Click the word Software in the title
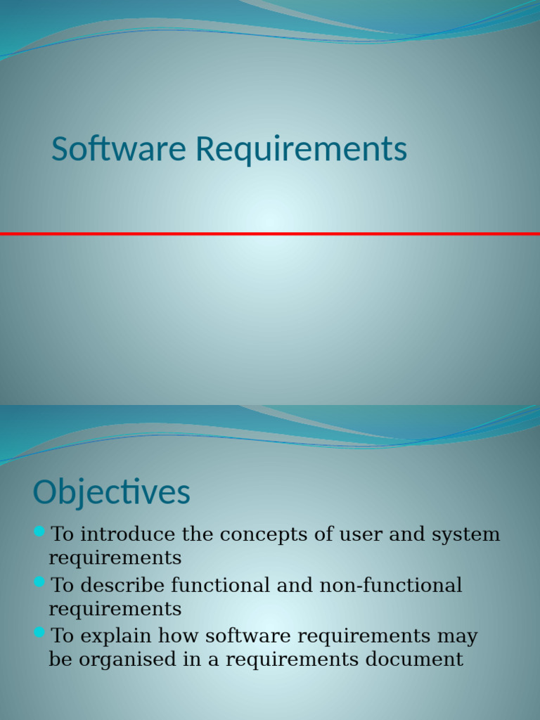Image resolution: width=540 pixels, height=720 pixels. [120, 149]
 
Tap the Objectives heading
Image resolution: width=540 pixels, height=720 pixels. [111, 492]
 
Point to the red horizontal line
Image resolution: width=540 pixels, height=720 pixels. [270, 233]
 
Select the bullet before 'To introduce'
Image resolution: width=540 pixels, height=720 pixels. [39, 530]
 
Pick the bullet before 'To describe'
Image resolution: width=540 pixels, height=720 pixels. [39, 581]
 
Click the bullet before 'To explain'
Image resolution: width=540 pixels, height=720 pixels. [39, 632]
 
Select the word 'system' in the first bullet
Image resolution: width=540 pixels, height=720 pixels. [466, 534]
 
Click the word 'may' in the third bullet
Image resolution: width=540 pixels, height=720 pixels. [458, 636]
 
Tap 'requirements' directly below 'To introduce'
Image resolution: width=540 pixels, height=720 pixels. [115, 558]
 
